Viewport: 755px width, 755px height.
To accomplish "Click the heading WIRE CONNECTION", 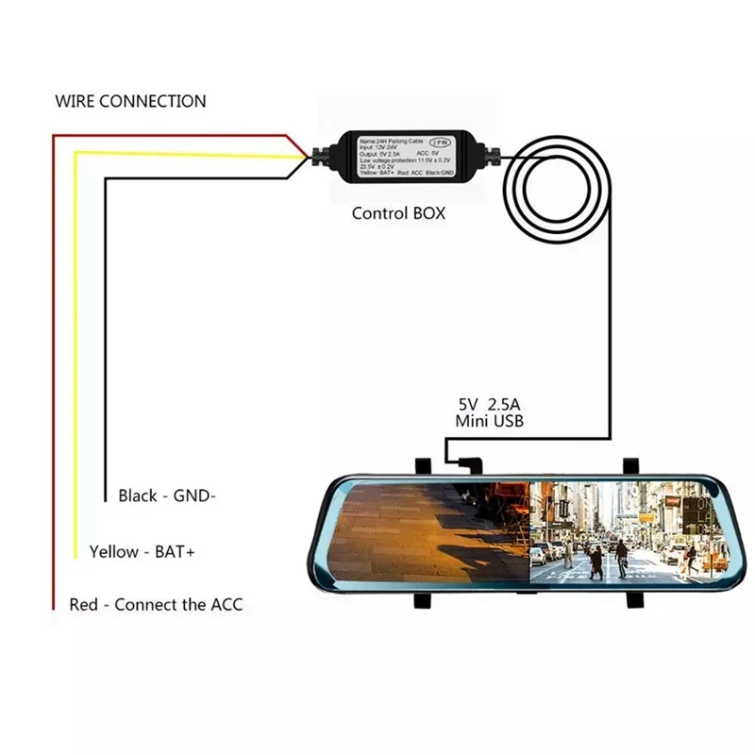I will point(130,101).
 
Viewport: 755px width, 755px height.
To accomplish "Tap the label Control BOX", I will point(398,213).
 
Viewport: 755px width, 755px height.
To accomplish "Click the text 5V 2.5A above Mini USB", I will point(489,404).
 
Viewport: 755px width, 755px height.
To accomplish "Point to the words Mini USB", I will point(489,422).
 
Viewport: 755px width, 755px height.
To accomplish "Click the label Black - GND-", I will point(167,495).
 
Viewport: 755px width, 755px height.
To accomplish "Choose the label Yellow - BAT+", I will point(142,551).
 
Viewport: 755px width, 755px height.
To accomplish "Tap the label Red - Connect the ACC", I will point(156,604).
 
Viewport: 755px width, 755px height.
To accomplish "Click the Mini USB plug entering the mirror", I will point(464,463).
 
